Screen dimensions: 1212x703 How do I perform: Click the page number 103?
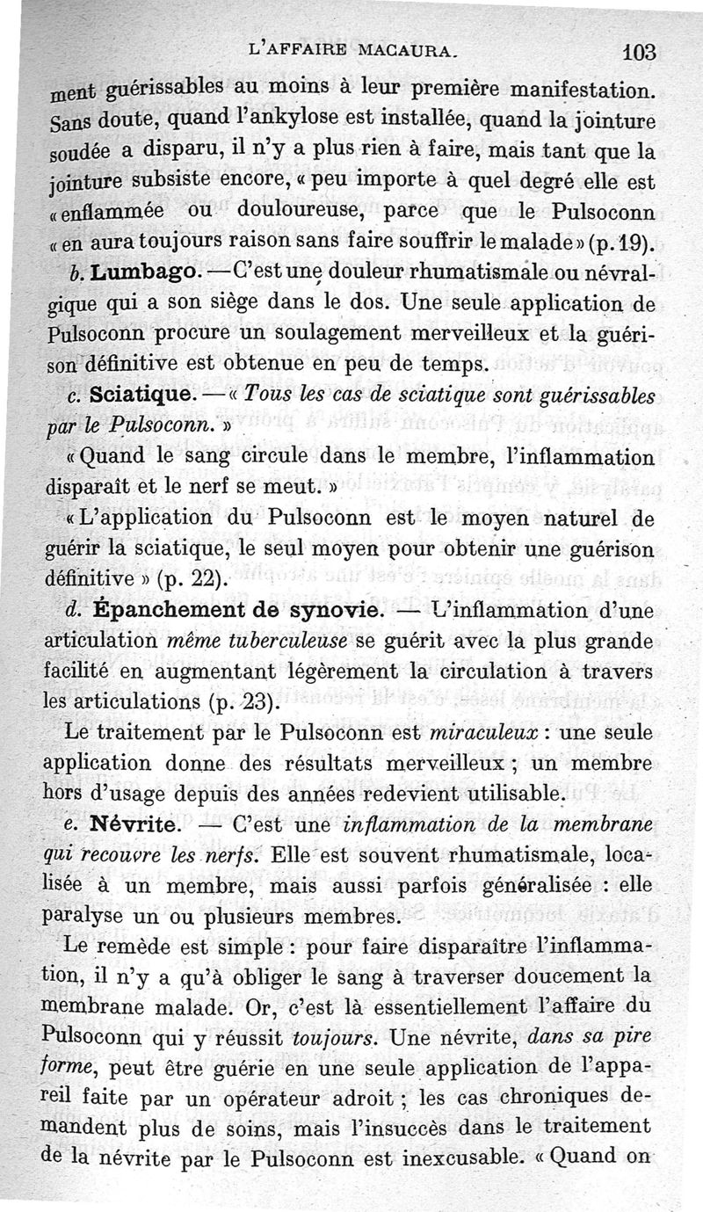point(639,52)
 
